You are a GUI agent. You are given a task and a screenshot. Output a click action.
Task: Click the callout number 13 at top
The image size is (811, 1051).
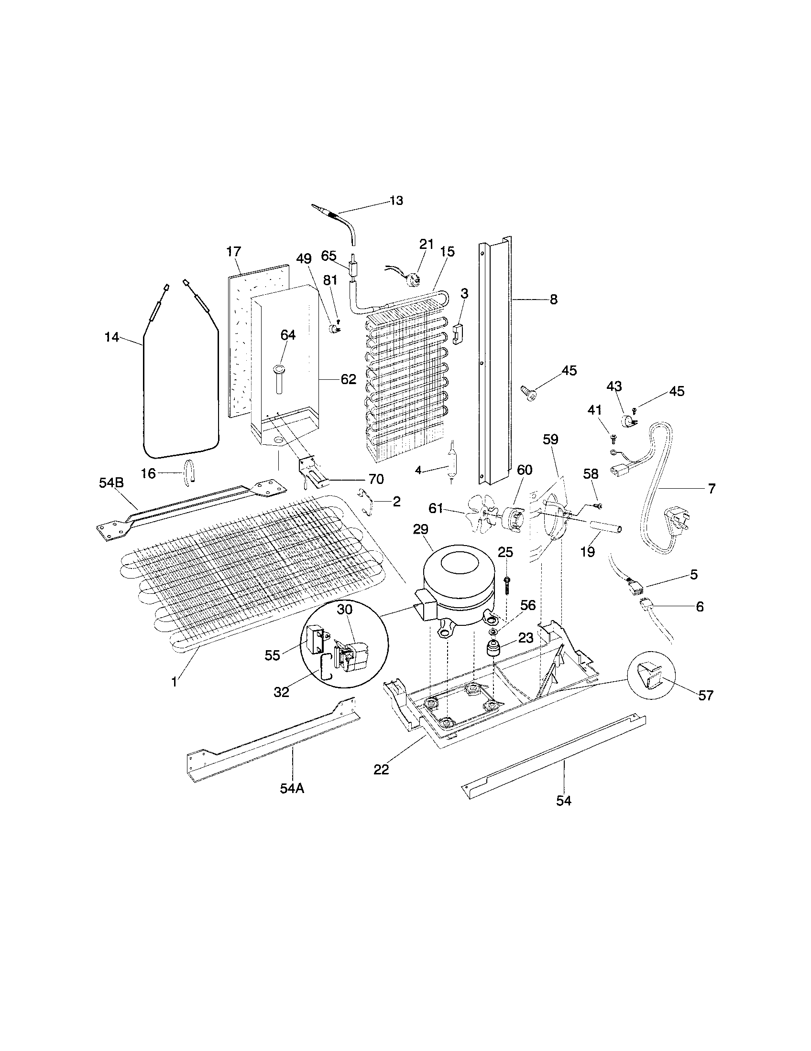(x=396, y=201)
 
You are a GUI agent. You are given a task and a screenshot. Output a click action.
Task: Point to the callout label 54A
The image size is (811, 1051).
(x=292, y=788)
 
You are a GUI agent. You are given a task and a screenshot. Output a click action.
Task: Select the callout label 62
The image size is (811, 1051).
(x=348, y=379)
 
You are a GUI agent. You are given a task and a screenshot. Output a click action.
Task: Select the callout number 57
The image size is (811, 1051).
(x=705, y=696)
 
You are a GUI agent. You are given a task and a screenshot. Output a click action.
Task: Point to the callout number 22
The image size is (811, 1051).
(x=381, y=770)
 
